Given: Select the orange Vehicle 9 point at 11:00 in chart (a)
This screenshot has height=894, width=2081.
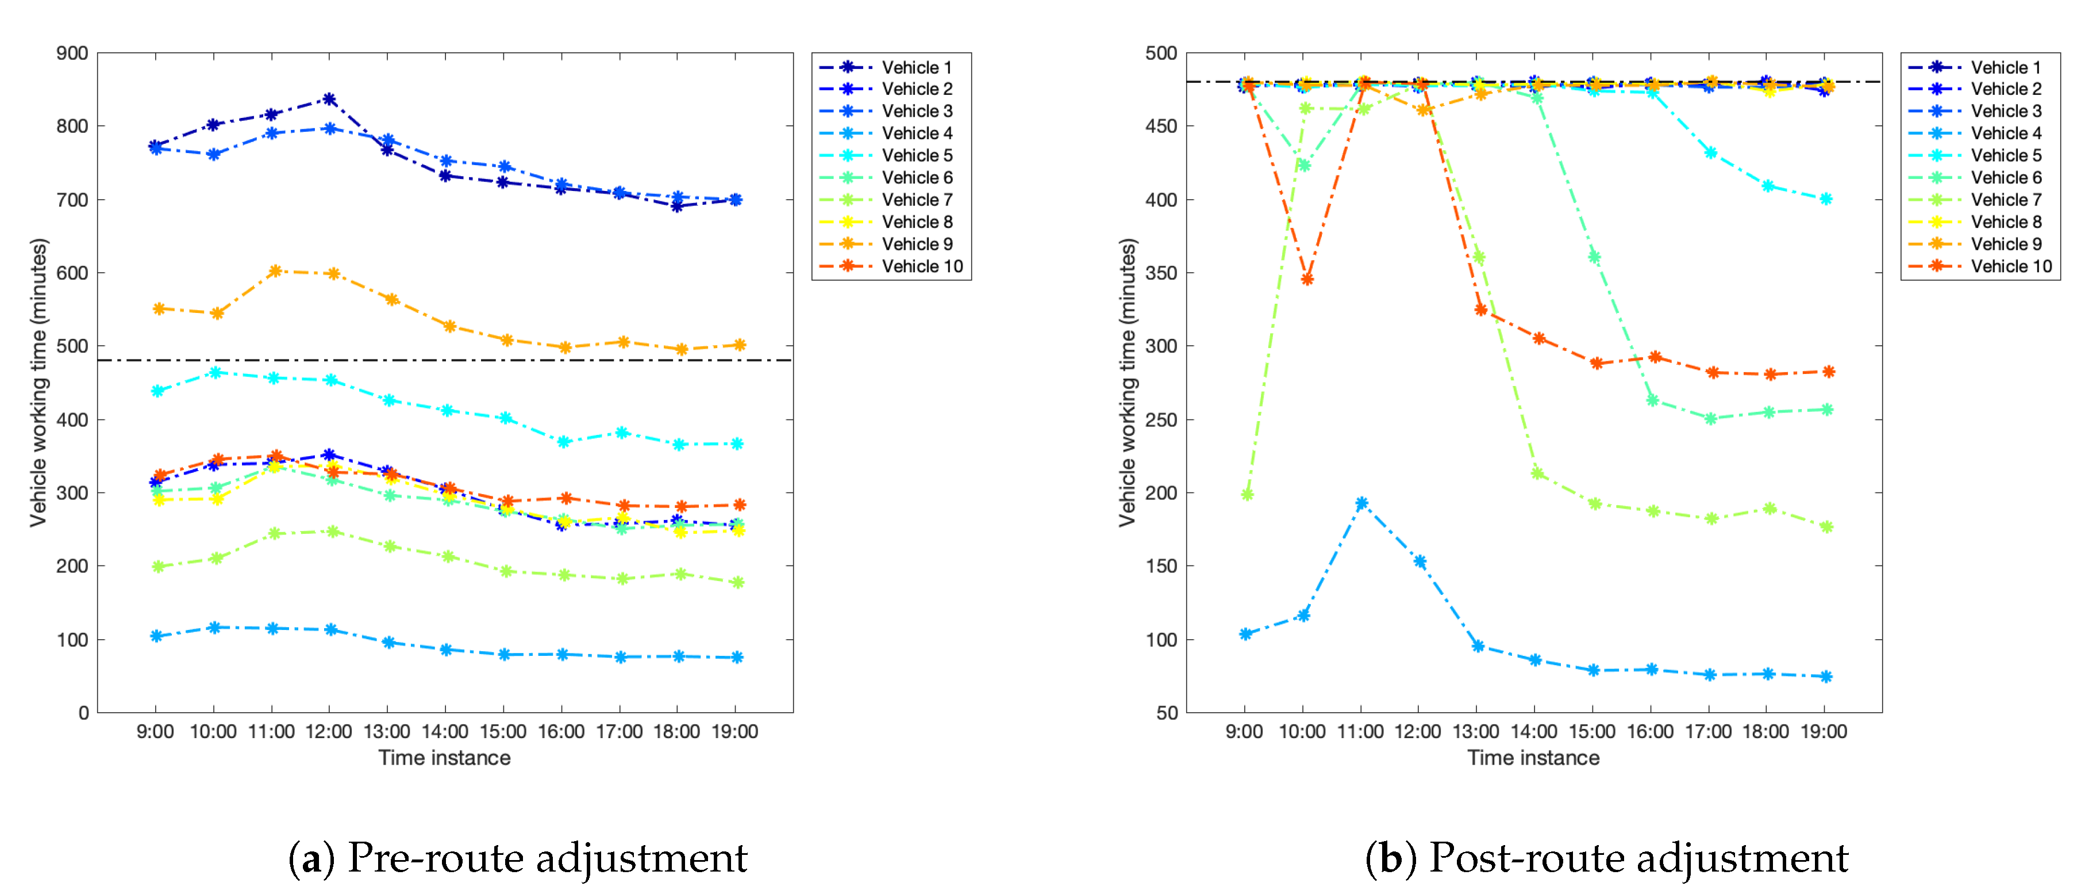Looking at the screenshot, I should [275, 271].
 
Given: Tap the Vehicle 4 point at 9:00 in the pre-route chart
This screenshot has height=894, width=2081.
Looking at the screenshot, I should [157, 636].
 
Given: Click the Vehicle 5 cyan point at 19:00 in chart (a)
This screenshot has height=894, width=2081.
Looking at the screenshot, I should [737, 444].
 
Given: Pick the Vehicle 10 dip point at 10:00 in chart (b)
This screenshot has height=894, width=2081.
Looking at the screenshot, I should [1307, 280].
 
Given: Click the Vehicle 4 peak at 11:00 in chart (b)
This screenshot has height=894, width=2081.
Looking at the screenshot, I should [1362, 503].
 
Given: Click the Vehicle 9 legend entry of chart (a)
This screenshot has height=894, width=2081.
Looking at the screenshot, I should [916, 244].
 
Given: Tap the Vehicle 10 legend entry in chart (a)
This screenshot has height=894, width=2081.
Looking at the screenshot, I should [921, 266].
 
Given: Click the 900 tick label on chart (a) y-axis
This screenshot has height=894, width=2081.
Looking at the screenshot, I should [72, 54].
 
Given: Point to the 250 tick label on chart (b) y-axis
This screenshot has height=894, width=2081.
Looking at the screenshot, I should [1161, 419].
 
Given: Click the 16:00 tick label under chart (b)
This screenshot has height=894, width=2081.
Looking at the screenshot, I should [1649, 732].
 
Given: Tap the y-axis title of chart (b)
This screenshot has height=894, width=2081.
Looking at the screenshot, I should [1128, 383].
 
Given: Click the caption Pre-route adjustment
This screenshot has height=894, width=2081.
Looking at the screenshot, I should [547, 858].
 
